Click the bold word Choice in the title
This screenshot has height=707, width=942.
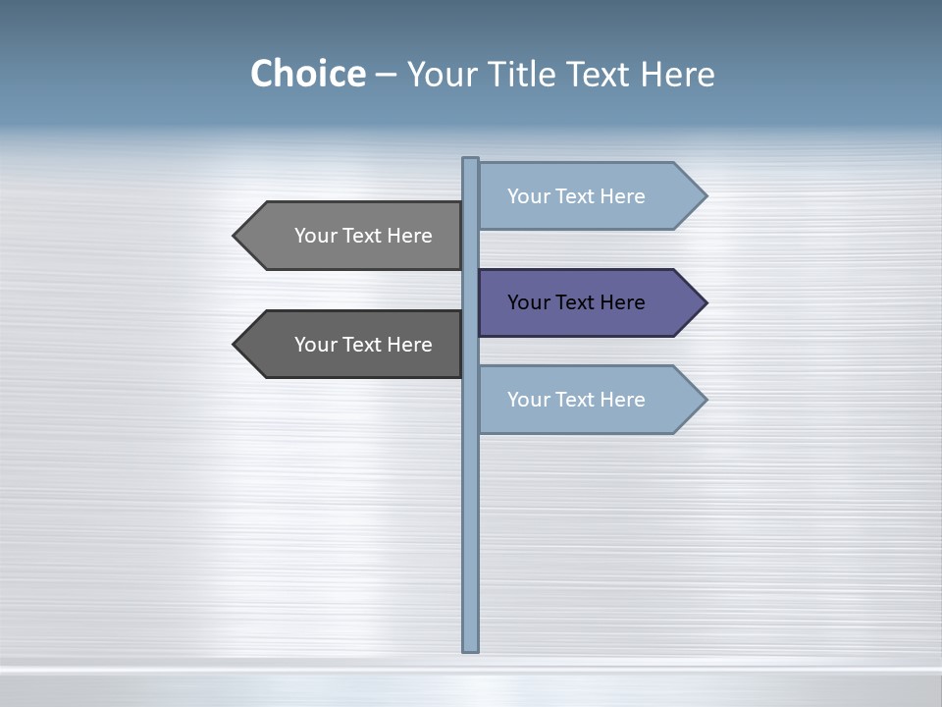pyautogui.click(x=307, y=74)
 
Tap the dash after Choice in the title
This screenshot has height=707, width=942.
pyautogui.click(x=386, y=75)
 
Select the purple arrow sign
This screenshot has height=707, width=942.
pyautogui.click(x=589, y=302)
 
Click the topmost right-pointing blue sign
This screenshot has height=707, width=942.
pyautogui.click(x=589, y=195)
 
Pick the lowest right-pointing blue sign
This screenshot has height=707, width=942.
pyautogui.click(x=589, y=399)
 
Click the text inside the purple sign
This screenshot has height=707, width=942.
pyautogui.click(x=576, y=302)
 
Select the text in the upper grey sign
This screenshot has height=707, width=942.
pyautogui.click(x=363, y=236)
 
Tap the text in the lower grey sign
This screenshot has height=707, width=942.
pyautogui.click(x=363, y=345)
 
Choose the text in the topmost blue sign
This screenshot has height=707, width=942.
pyautogui.click(x=576, y=196)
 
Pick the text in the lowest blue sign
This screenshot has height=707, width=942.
pyautogui.click(x=576, y=400)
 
